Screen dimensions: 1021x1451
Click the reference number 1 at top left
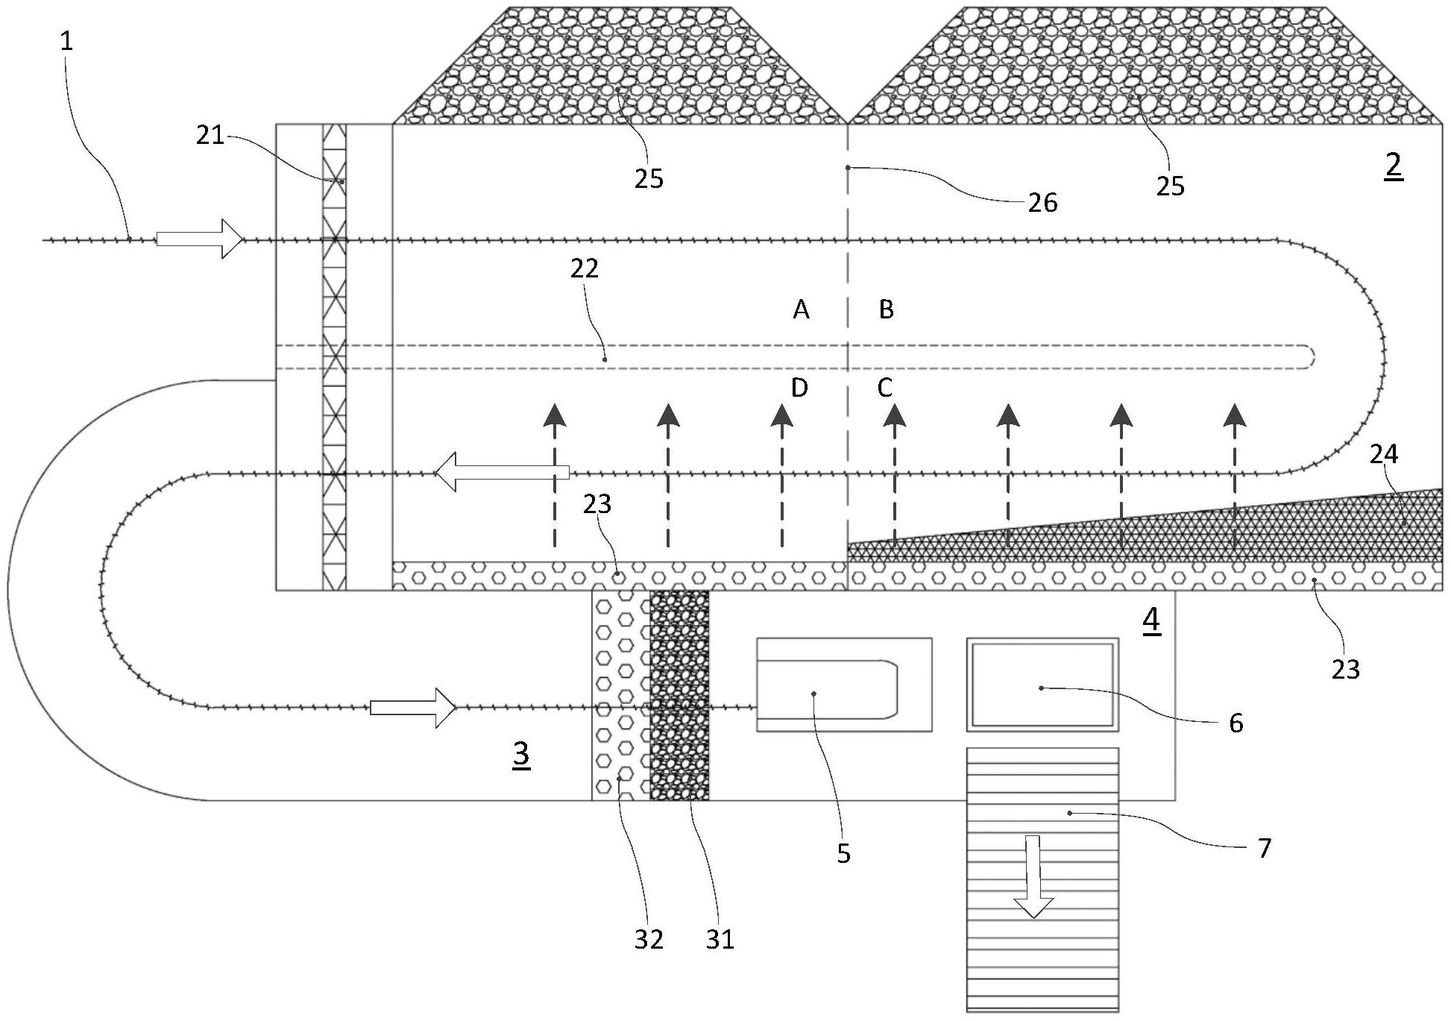pos(67,41)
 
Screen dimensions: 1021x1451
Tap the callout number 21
pos(210,136)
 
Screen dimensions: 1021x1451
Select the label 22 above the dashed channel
pos(585,269)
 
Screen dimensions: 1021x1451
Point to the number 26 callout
pos(1042,202)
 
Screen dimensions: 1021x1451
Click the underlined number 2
pos(1393,165)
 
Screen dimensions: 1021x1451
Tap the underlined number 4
pos(1151,621)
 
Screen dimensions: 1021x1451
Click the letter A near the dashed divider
pos(801,310)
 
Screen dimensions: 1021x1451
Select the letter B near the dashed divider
pos(886,310)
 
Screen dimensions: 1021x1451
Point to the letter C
pos(885,388)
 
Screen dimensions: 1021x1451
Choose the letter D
pos(799,388)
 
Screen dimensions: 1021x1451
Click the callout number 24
pos(1384,453)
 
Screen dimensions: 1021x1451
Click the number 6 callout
pos(1236,723)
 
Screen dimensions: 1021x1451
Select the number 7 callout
pos(1264,848)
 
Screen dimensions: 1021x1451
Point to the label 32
pos(649,940)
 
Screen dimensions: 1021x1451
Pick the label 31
pos(720,940)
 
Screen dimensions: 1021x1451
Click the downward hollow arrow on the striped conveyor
pos(1033,877)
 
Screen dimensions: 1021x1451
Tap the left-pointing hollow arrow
pos(501,473)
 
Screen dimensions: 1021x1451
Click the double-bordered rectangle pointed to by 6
pos(1042,684)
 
